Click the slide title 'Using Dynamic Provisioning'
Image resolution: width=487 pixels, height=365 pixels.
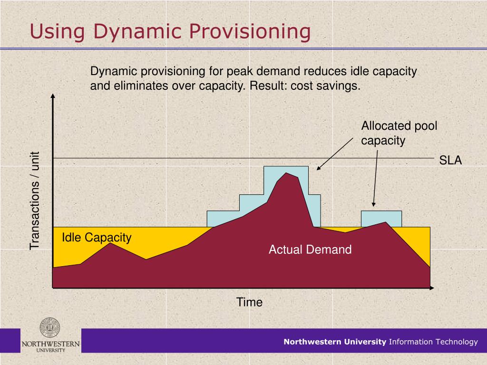pyautogui.click(x=170, y=32)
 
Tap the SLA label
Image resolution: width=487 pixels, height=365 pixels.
pyautogui.click(x=450, y=160)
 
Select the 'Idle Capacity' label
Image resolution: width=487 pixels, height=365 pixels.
pyautogui.click(x=97, y=238)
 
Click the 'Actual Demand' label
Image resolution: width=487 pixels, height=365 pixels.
pyautogui.click(x=310, y=250)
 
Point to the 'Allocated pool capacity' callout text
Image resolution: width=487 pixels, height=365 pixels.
pyautogui.click(x=399, y=133)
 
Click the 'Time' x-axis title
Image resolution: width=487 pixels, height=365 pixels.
pyautogui.click(x=250, y=302)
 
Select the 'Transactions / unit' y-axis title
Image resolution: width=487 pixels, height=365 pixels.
pyautogui.click(x=35, y=201)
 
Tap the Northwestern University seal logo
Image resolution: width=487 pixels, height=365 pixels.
pyautogui.click(x=50, y=328)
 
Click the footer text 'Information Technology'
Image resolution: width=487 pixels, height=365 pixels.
pyautogui.click(x=433, y=342)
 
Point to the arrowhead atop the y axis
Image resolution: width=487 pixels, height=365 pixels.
pyautogui.click(x=52, y=98)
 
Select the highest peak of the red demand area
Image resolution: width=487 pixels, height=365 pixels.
pyautogui.click(x=286, y=173)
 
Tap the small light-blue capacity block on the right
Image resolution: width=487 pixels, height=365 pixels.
pyautogui.click(x=381, y=217)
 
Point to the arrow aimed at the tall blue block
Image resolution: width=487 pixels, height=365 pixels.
pyautogui.click(x=336, y=153)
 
